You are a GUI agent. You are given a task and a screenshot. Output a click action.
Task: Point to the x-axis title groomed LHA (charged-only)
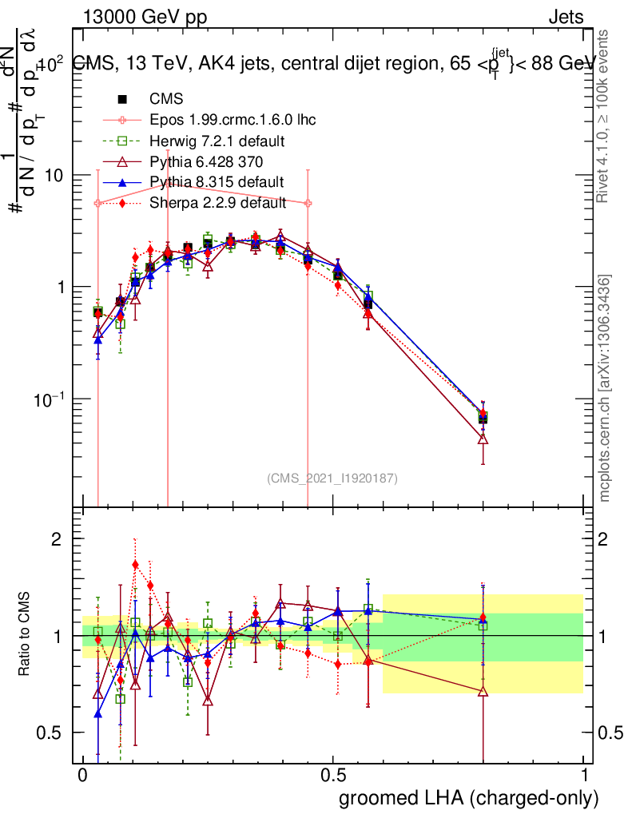(469, 797)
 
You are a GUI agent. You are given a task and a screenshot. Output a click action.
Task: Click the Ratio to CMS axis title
(26, 635)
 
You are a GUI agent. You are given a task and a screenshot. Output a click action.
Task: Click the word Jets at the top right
(565, 17)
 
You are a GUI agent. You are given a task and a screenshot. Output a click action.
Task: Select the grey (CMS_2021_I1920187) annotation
(332, 478)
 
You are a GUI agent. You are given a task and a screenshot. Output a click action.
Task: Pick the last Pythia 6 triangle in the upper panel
(483, 439)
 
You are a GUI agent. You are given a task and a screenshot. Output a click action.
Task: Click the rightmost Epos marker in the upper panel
(308, 204)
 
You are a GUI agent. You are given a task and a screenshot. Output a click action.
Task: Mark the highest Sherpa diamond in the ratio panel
(135, 565)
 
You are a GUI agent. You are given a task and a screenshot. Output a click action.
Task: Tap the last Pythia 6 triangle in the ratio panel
(483, 691)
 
